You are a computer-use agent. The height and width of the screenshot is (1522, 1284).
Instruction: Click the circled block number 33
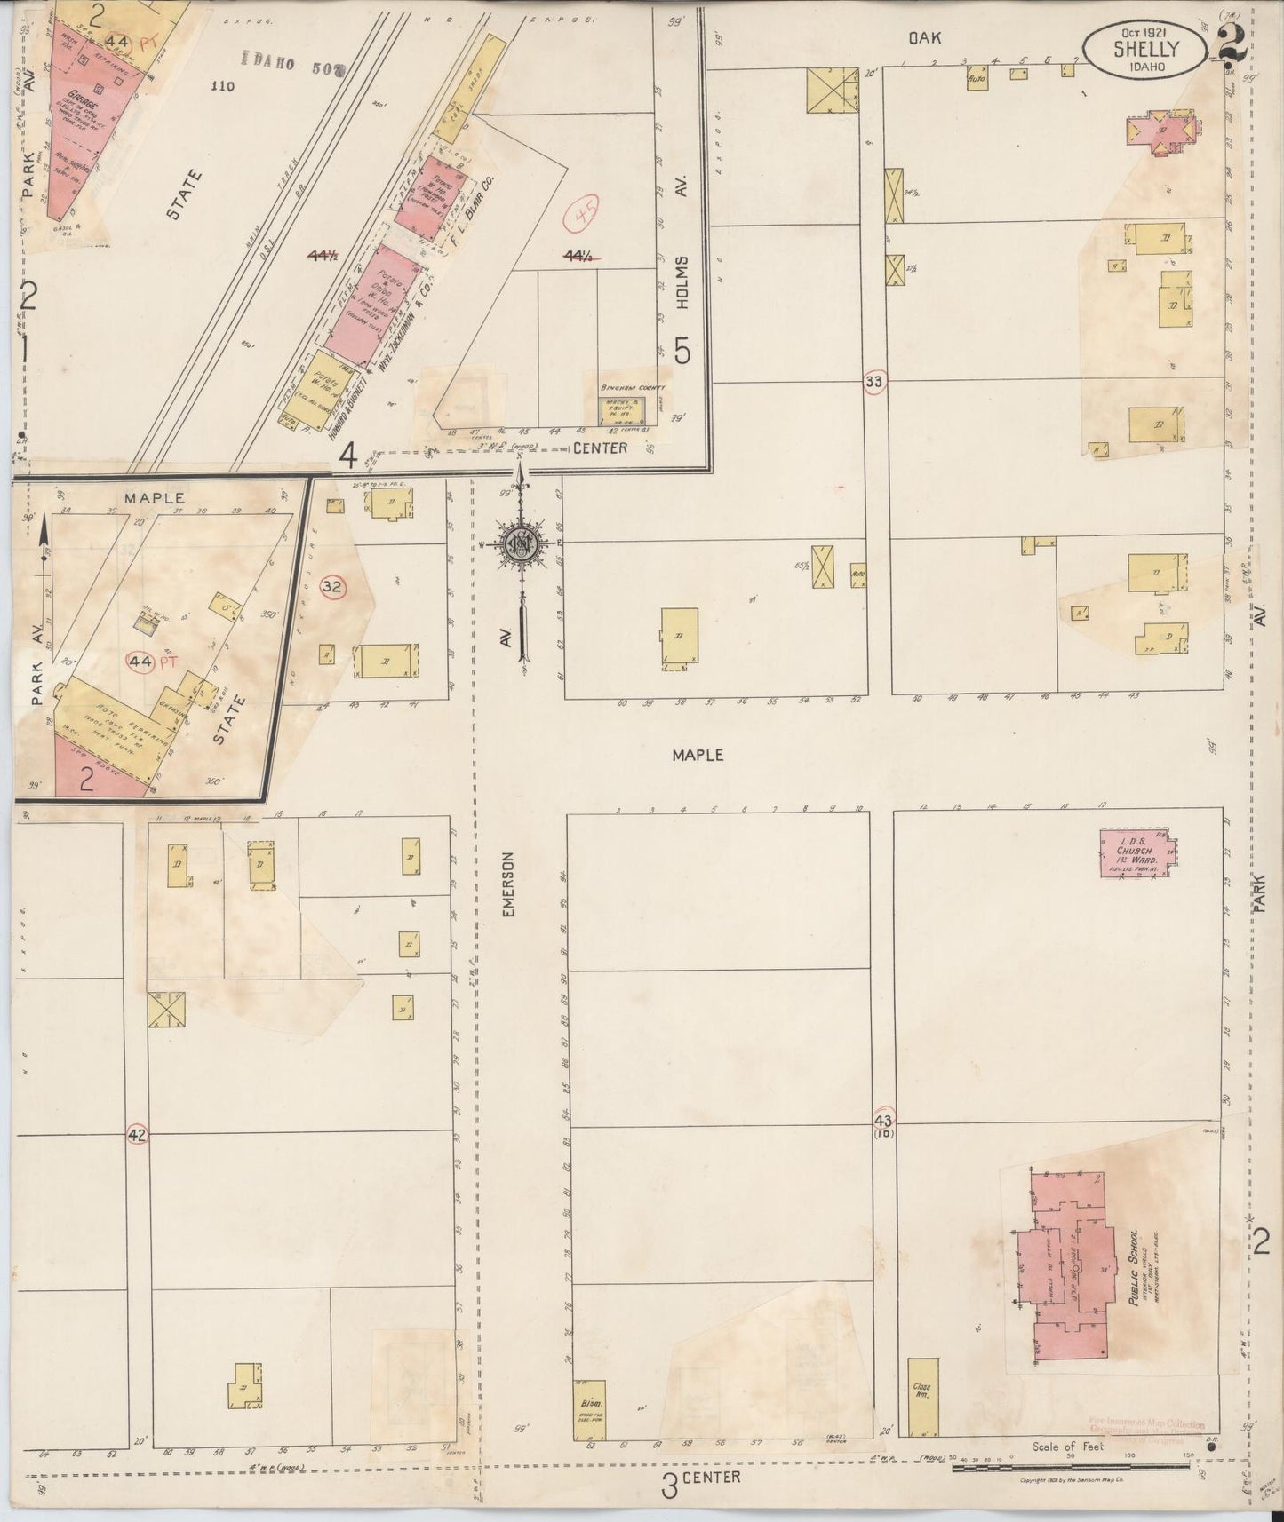click(x=874, y=382)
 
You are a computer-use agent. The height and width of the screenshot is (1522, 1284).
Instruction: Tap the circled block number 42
click(x=136, y=1134)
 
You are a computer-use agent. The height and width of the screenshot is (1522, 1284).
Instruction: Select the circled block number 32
click(x=332, y=586)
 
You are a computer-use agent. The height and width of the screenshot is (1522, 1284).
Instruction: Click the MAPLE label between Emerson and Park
click(x=698, y=755)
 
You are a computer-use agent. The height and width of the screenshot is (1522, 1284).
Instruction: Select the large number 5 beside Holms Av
click(x=682, y=353)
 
